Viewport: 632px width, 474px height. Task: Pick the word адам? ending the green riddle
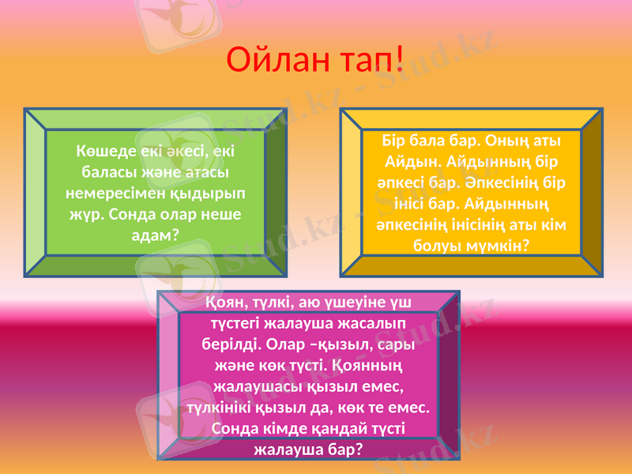tap(154, 235)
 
